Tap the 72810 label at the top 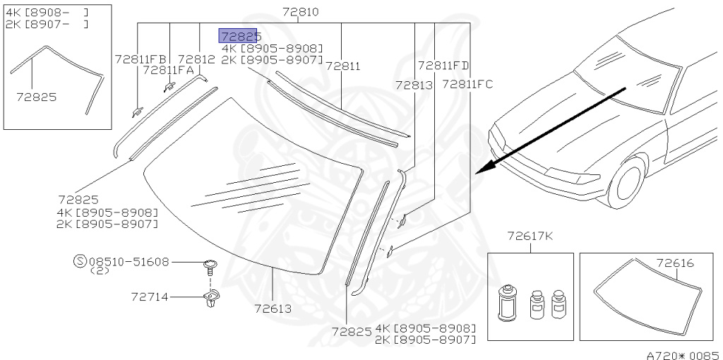pyautogui.click(x=300, y=12)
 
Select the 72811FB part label pyautogui.click(x=141, y=59)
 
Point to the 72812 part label pyautogui.click(x=196, y=59)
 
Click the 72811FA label pyautogui.click(x=169, y=70)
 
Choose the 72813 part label pyautogui.click(x=414, y=85)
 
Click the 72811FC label pyautogui.click(x=467, y=85)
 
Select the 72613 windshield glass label pyautogui.click(x=273, y=308)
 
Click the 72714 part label pyautogui.click(x=150, y=297)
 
